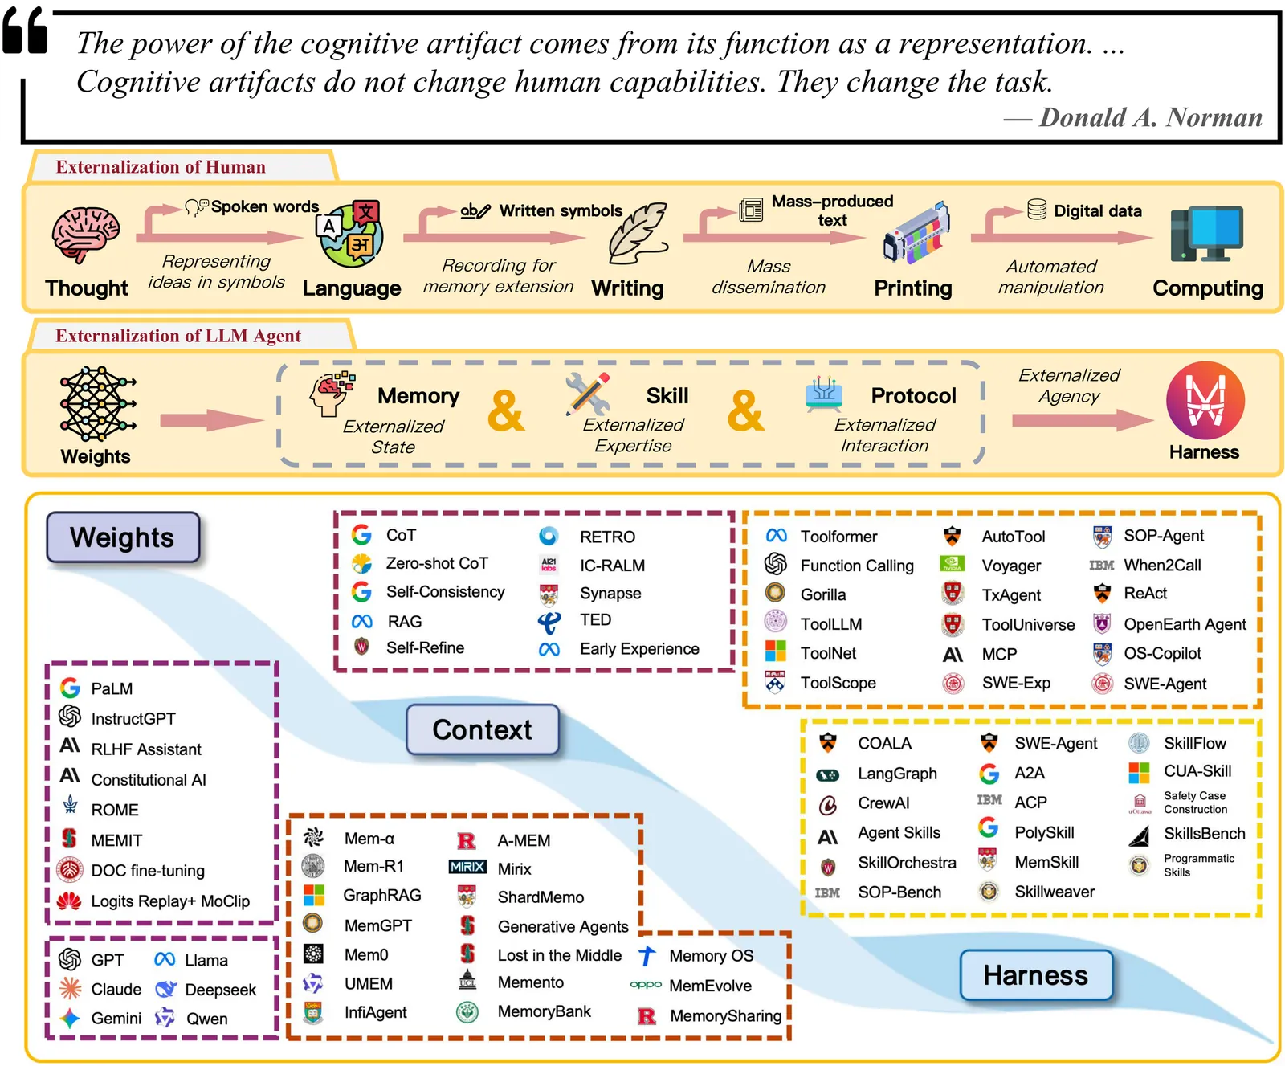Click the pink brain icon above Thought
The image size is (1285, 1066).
86,234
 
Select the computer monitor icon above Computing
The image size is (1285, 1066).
1206,234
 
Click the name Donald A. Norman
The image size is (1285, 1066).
1150,118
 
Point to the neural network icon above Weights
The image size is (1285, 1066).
96,403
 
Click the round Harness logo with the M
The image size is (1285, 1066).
1205,400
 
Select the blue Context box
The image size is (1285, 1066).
482,729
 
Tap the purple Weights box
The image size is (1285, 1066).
122,537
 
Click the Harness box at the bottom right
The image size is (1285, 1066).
1035,975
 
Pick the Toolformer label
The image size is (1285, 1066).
838,537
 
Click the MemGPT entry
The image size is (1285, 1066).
377,925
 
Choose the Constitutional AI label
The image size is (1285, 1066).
149,780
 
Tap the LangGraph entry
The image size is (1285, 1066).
897,774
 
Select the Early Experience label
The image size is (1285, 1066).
639,649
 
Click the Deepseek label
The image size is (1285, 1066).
220,990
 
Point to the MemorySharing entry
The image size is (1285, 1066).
725,1016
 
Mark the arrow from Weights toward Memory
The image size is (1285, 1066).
211,420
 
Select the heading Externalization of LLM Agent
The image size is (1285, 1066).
178,336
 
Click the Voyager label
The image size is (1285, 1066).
1011,566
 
